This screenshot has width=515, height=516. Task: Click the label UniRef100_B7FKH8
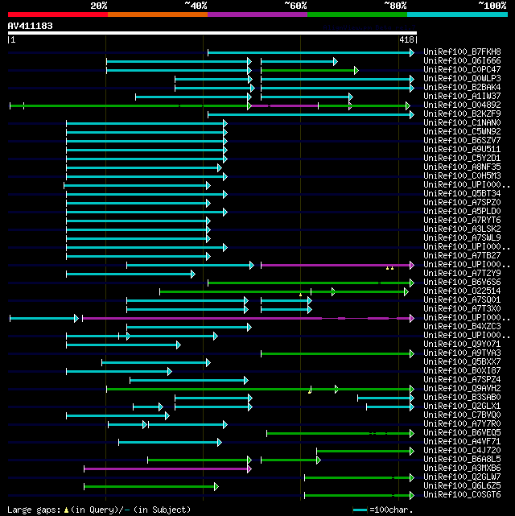click(451, 52)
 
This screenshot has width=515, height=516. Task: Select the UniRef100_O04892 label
click(451, 105)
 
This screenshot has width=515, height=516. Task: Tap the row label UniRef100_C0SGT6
click(451, 495)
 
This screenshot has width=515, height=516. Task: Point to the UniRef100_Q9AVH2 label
click(451, 389)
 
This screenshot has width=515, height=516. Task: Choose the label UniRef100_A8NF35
click(451, 167)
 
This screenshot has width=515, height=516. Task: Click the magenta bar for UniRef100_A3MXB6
click(167, 469)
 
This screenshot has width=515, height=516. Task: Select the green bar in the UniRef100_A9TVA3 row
click(336, 353)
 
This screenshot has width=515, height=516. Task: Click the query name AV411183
click(30, 27)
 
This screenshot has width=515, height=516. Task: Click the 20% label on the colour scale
click(99, 6)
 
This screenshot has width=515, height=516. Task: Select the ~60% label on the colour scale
click(295, 6)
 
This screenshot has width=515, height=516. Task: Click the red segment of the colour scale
click(57, 14)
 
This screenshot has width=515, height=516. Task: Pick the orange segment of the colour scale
click(157, 14)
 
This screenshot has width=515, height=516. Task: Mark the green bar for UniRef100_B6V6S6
click(311, 283)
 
